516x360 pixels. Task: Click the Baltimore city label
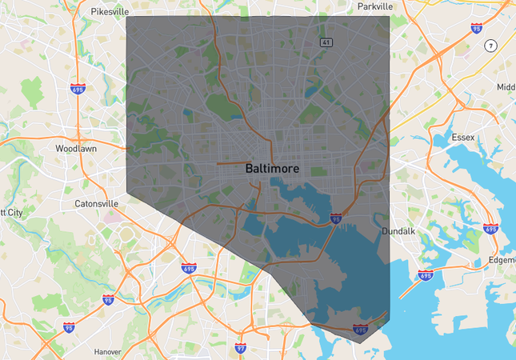point(271,170)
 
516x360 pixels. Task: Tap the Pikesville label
point(110,12)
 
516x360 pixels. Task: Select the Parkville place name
point(375,6)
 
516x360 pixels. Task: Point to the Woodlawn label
point(76,149)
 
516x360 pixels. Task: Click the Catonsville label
point(96,204)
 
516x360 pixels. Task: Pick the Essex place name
point(462,138)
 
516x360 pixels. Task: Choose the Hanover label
point(106,351)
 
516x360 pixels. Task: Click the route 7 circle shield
point(490,46)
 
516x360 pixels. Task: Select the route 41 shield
point(326,42)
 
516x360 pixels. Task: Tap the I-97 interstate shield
point(241,349)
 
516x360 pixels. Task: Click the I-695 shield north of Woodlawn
point(78,90)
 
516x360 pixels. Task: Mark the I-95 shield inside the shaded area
point(336,218)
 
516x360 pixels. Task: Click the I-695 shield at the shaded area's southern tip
point(360,329)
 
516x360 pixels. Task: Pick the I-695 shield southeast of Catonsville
point(189,269)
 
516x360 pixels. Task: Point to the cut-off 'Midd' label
point(506,87)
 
